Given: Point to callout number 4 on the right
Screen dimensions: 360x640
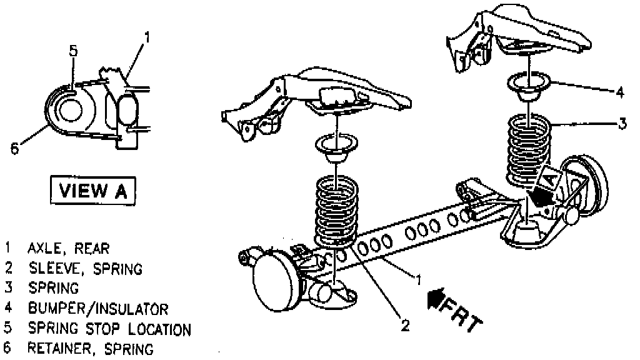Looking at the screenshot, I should tap(619, 92).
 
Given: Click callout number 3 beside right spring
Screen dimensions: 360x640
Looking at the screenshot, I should tap(622, 124).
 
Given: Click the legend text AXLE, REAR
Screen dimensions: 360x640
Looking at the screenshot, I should tap(68, 249).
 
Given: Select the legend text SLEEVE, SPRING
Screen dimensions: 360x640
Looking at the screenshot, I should tap(84, 269).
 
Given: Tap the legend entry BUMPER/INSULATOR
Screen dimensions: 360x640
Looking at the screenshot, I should tap(97, 309).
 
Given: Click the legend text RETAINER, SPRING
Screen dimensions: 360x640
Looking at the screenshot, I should tap(90, 349).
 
